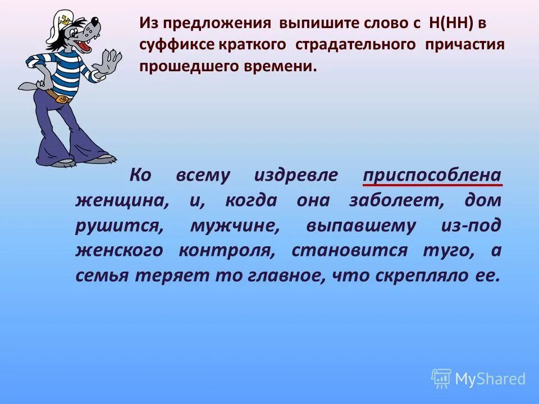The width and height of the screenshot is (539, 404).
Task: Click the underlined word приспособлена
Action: coord(432,176)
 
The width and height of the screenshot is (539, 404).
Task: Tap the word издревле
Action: coord(296,176)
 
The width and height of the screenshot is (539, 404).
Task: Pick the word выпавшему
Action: coord(361,226)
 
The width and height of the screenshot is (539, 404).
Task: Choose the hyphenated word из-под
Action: coord(471,226)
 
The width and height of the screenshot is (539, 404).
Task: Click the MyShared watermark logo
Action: coord(478,379)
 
